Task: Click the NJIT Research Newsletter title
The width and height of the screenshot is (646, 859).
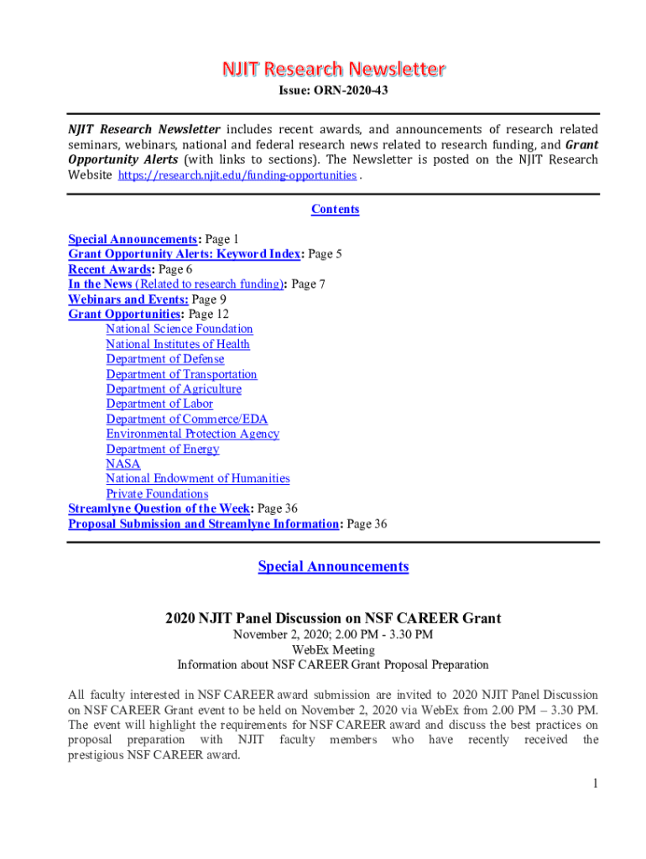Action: coord(333,69)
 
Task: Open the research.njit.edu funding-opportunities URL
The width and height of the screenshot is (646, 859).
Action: coord(237,175)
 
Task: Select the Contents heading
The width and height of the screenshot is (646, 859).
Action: coord(335,210)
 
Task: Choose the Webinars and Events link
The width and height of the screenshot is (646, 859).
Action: coord(128,299)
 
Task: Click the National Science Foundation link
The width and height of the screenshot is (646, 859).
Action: coord(179,329)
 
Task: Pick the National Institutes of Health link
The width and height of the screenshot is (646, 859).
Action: coord(177,344)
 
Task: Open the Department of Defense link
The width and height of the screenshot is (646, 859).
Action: coord(164,359)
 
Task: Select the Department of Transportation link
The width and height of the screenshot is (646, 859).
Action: coord(181,374)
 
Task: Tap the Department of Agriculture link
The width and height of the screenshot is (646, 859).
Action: coord(173,389)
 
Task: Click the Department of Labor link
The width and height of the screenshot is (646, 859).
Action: coord(159,403)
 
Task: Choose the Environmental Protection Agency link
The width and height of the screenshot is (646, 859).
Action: coord(192,434)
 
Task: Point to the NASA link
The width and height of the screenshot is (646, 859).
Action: coord(122,464)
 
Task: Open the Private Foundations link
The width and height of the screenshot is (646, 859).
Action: coord(157,494)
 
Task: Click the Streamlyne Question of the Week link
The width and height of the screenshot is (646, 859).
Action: coord(159,508)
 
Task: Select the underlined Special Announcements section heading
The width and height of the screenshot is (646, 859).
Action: coord(333,567)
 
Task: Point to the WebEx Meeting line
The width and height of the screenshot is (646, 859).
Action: coord(333,649)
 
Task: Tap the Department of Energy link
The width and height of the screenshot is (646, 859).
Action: coord(162,449)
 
